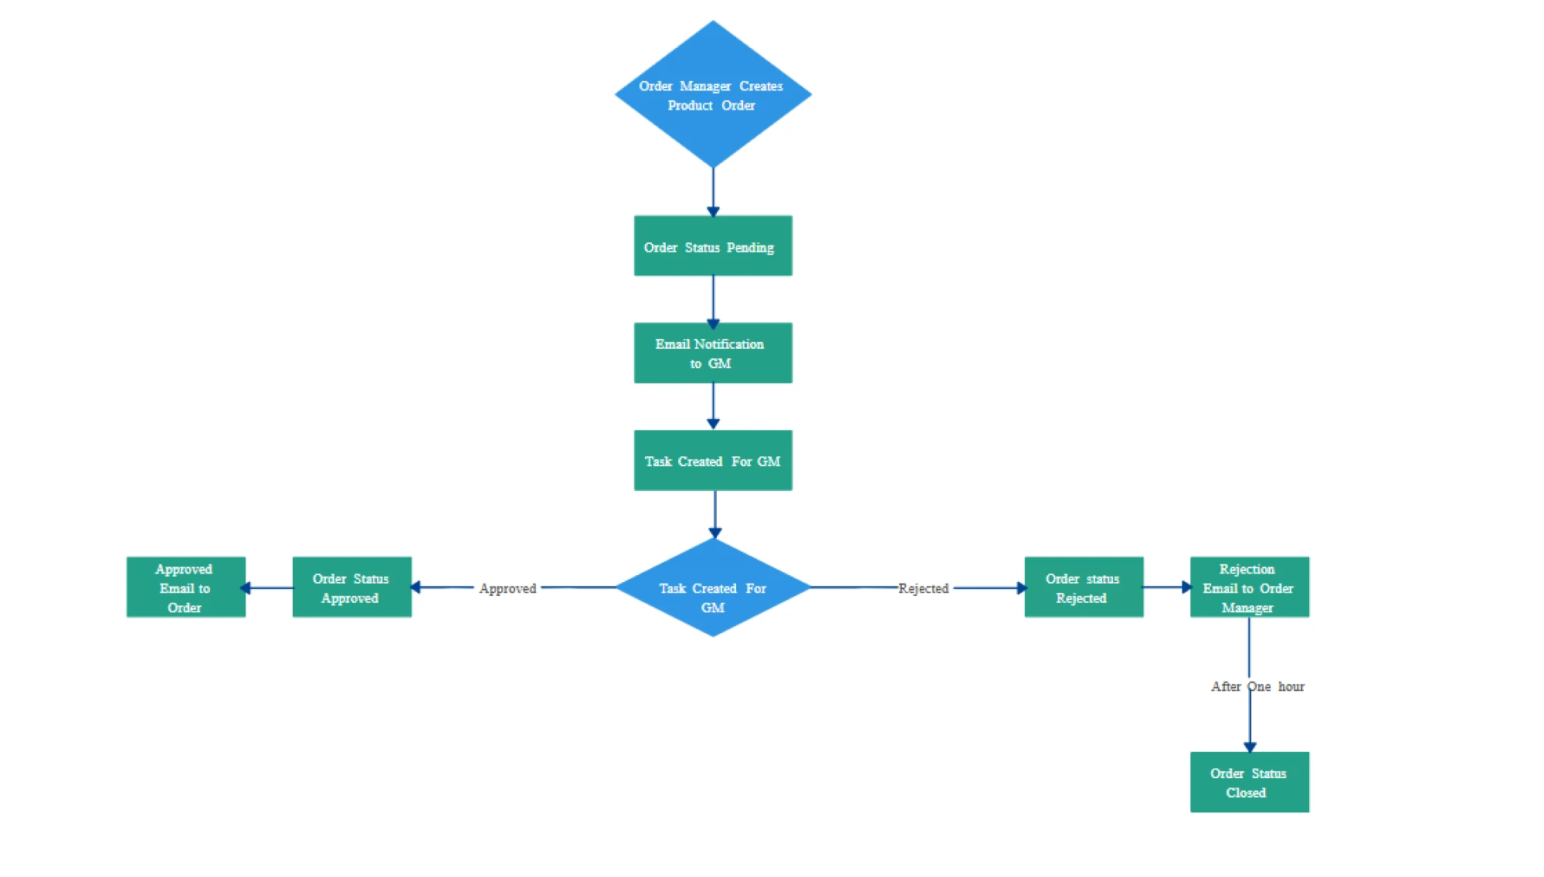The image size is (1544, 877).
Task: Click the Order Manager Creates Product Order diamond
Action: point(712,94)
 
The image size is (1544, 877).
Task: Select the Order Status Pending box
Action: point(712,245)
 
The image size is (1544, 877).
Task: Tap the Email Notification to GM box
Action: point(712,353)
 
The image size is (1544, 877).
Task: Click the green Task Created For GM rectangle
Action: point(712,460)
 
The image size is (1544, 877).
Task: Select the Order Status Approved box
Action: point(351,587)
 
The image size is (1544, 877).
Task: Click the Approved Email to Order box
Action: point(185,587)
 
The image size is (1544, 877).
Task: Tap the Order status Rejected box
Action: point(1083,587)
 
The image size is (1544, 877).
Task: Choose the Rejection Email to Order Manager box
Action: point(1248,587)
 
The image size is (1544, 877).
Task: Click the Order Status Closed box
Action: point(1248,782)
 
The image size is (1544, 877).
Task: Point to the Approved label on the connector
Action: point(507,588)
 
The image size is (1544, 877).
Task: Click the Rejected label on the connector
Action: point(923,588)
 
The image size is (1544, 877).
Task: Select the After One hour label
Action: point(1257,686)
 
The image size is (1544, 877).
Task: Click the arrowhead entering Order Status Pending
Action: point(713,211)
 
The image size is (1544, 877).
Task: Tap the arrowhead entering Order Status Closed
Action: point(1250,747)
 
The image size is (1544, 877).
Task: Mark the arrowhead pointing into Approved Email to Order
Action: point(246,588)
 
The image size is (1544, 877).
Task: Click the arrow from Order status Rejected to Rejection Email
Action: point(1166,587)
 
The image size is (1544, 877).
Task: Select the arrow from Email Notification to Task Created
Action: point(713,406)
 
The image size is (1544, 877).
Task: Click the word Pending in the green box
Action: point(750,248)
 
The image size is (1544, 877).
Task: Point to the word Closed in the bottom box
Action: point(1245,793)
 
